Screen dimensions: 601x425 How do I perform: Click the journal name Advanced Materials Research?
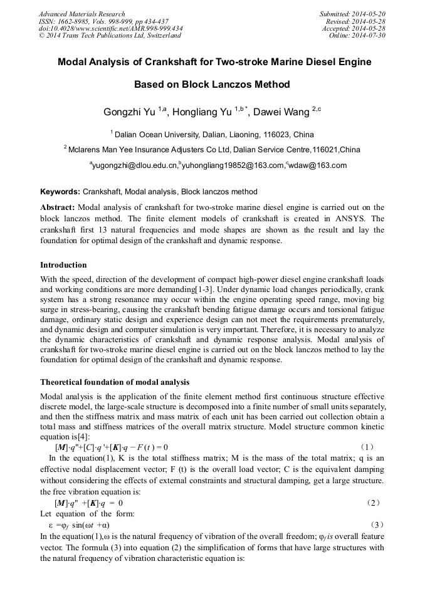(x=81, y=14)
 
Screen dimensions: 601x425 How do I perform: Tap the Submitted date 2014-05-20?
(x=368, y=14)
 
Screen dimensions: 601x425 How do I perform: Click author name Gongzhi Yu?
(x=129, y=112)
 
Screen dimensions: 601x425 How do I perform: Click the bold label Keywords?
(x=60, y=191)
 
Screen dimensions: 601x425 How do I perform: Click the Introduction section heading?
(x=63, y=265)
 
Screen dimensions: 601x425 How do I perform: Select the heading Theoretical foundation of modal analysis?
(x=115, y=382)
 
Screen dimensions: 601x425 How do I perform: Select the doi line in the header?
(x=112, y=29)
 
